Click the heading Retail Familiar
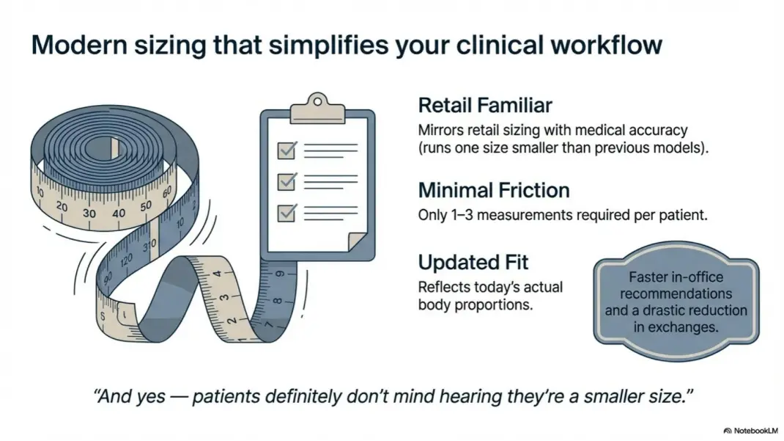(x=485, y=106)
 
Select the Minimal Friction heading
(x=494, y=191)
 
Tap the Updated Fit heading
(x=473, y=262)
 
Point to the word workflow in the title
(x=607, y=45)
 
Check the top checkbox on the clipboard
(x=287, y=150)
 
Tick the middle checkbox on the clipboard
(x=287, y=181)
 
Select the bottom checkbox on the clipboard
(x=287, y=213)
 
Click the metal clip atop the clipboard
(x=317, y=108)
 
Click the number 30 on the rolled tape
(x=89, y=213)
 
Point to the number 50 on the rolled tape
(x=146, y=205)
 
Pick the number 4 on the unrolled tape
(x=218, y=274)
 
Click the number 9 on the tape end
(x=280, y=274)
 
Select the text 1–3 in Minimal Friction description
(x=462, y=215)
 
